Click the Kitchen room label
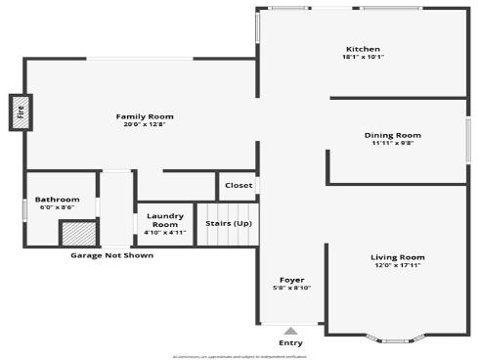pyautogui.click(x=363, y=49)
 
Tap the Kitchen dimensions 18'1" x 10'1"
pyautogui.click(x=363, y=57)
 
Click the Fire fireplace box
pyautogui.click(x=20, y=112)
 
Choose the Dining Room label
pyautogui.click(x=392, y=135)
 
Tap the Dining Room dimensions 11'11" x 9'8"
pyautogui.click(x=392, y=143)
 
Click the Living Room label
pyautogui.click(x=398, y=257)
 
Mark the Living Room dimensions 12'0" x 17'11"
pyautogui.click(x=398, y=265)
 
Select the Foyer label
pyautogui.click(x=291, y=280)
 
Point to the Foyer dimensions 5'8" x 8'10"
pyautogui.click(x=291, y=288)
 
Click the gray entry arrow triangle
pyautogui.click(x=290, y=331)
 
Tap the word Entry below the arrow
pyautogui.click(x=290, y=343)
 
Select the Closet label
pyautogui.click(x=239, y=185)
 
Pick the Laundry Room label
pyautogui.click(x=165, y=221)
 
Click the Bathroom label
pyautogui.click(x=59, y=200)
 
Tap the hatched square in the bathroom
pyautogui.click(x=77, y=234)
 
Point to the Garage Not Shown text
pyautogui.click(x=111, y=255)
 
